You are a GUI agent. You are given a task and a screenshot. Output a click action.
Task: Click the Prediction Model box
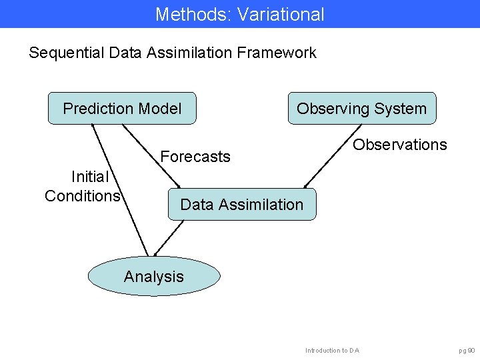[122, 109]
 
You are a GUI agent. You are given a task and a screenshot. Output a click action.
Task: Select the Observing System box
[361, 109]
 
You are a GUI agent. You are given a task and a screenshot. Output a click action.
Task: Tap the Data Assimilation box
[241, 205]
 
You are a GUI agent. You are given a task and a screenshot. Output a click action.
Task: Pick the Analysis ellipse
[154, 277]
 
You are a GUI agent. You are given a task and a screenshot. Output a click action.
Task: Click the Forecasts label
[195, 157]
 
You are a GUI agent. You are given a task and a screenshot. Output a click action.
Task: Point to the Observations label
[400, 145]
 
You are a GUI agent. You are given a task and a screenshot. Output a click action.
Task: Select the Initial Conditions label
[82, 186]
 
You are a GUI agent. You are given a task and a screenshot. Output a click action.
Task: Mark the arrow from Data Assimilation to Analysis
[168, 238]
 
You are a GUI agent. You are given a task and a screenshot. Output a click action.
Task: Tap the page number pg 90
[467, 350]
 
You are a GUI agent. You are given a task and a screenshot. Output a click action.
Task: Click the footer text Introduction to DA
[332, 350]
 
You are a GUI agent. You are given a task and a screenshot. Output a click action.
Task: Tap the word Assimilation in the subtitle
[190, 53]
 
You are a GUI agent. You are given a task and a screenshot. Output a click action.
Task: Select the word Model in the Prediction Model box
[160, 109]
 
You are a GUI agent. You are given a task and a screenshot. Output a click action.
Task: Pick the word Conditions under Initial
[82, 195]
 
